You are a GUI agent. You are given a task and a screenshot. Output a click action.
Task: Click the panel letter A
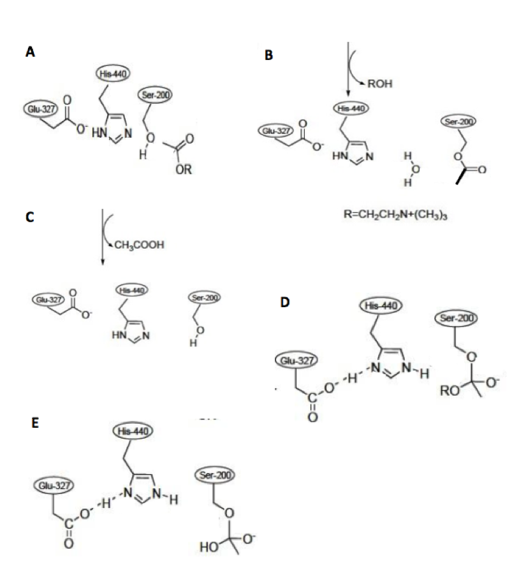(x=30, y=54)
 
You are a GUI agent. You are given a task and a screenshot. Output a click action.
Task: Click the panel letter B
(x=268, y=55)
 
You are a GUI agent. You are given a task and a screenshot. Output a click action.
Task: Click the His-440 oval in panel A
(x=113, y=75)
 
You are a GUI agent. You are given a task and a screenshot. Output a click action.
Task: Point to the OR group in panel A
(x=185, y=170)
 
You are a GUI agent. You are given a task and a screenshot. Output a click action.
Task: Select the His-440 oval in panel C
(x=132, y=290)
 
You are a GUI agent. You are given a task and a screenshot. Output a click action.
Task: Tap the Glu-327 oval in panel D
(x=293, y=361)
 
